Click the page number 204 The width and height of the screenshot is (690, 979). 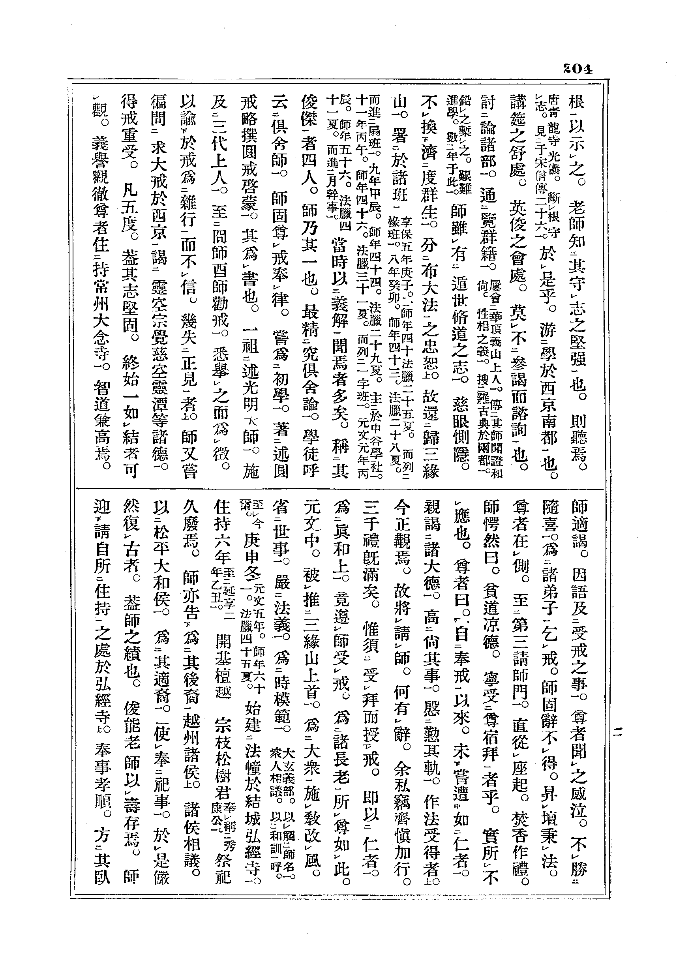pyautogui.click(x=577, y=69)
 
